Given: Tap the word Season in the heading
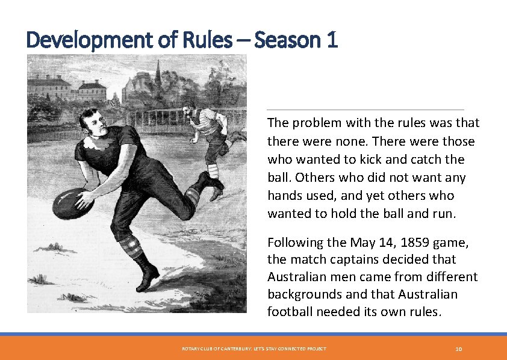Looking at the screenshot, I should point(288,40).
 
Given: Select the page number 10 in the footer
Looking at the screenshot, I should point(458,349).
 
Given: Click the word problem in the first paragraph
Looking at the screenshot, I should point(314,123).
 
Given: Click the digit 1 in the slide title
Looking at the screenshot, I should point(332,40).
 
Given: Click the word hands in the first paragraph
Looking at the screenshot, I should point(284,196).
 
